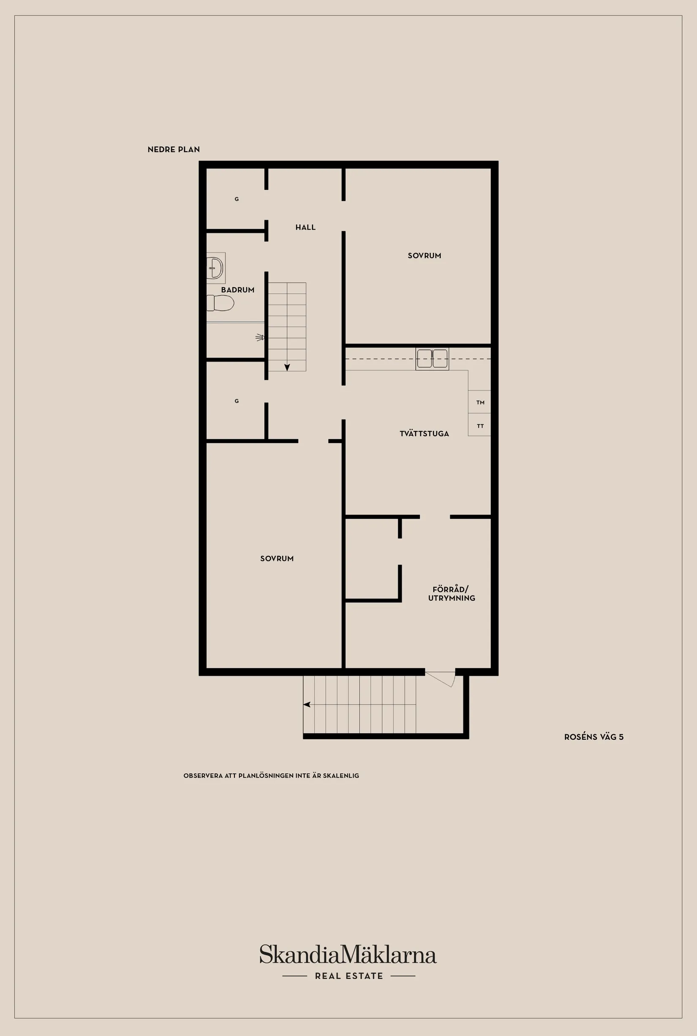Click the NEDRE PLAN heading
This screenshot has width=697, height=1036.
(174, 150)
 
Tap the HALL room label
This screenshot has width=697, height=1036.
(305, 227)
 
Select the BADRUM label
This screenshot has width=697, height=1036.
(238, 290)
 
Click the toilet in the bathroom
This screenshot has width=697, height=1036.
(220, 303)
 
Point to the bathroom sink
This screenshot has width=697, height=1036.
(215, 268)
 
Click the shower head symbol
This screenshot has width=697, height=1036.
(260, 338)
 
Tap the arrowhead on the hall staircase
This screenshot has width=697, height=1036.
(287, 367)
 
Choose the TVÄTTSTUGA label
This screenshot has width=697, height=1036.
(424, 434)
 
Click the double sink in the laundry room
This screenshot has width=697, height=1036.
(432, 358)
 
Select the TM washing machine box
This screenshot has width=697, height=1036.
(479, 402)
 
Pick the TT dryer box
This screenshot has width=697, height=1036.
(479, 425)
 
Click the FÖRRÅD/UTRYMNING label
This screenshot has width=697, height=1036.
(452, 594)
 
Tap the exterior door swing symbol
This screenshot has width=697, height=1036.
(442, 679)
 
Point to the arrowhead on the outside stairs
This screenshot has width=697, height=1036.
(307, 705)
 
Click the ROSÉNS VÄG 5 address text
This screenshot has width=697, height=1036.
(594, 737)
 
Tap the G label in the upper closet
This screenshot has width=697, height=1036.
(237, 199)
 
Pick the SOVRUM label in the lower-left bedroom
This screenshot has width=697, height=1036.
(277, 559)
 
